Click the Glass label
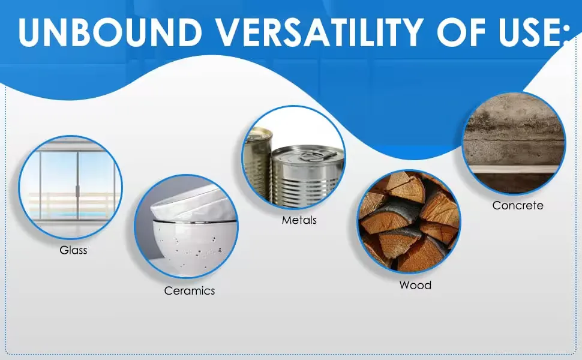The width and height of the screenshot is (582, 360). (x=73, y=250)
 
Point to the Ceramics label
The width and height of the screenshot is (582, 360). (x=190, y=290)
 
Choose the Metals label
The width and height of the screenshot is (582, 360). (x=299, y=220)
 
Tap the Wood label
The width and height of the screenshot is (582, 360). (x=415, y=285)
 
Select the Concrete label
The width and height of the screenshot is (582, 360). (x=517, y=205)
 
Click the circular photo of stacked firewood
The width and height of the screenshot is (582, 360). (x=409, y=222)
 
